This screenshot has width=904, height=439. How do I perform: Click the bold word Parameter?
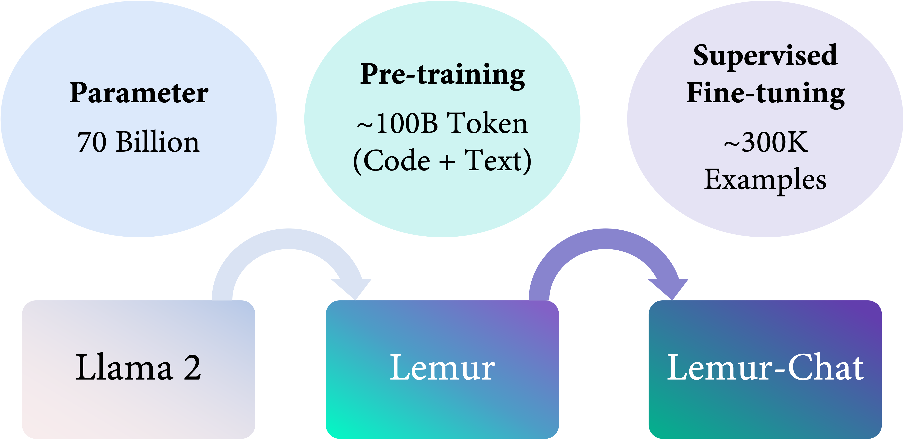[x=139, y=93]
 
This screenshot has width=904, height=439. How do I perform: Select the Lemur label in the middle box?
[x=442, y=367]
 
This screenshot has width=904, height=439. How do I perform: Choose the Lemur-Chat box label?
[x=765, y=367]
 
